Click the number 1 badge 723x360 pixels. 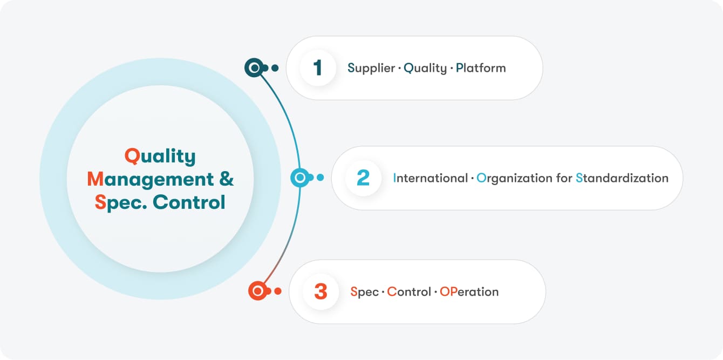[x=318, y=68]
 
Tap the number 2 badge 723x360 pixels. [x=363, y=178]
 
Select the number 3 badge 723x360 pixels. [x=321, y=291]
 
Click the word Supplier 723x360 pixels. [x=371, y=69]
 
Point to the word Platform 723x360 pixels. [x=481, y=68]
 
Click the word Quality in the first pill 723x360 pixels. [x=425, y=69]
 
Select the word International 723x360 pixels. [x=430, y=178]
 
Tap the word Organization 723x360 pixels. [x=515, y=179]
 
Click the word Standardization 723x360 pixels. [x=622, y=178]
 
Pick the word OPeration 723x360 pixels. [x=469, y=292]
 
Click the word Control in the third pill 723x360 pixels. [x=409, y=292]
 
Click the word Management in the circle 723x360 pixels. [x=151, y=180]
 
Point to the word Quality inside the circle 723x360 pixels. [x=160, y=157]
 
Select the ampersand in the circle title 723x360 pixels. [x=226, y=179]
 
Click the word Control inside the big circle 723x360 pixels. [x=189, y=202]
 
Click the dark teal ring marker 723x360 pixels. [x=254, y=68]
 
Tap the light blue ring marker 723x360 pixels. [x=300, y=177]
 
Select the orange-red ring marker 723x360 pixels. [x=257, y=291]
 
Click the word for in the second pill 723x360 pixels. [x=564, y=178]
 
